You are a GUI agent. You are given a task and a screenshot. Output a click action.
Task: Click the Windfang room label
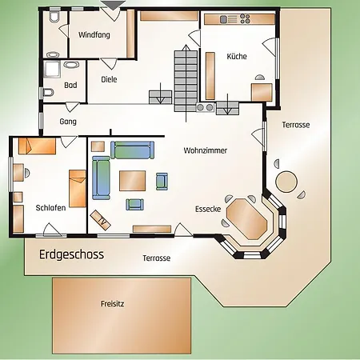coord(94,35)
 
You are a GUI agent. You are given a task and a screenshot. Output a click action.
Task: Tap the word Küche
coord(237,56)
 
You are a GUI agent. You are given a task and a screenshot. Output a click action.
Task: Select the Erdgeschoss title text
coord(71,254)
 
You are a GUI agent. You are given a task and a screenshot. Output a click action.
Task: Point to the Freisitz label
coord(112,303)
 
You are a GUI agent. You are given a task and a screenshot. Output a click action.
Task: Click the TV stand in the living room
coord(100,220)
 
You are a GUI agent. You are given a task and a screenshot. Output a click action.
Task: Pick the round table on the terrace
coord(286,182)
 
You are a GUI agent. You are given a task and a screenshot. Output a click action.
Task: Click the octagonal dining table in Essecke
coord(246,218)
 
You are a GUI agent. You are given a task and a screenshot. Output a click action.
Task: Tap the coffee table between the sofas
coord(132,181)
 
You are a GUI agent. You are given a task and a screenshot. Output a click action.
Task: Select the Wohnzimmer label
coord(206,150)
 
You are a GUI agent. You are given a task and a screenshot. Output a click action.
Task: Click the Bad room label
coord(70,85)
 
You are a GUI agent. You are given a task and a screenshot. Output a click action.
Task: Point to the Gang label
coord(68,122)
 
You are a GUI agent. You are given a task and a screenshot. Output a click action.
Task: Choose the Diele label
coord(109,79)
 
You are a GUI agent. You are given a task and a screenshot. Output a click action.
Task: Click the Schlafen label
coord(50,208)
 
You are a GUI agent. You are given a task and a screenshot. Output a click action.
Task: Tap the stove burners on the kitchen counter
coord(245,19)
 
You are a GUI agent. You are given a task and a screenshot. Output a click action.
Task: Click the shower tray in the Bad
coord(52,70)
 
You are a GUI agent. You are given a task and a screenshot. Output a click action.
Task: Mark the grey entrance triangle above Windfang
coord(114,6)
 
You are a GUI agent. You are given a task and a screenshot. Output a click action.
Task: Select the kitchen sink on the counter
coord(223,19)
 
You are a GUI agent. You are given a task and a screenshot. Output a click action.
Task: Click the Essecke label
coord(208,209)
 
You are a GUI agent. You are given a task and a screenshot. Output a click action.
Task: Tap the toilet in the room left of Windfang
coord(54,17)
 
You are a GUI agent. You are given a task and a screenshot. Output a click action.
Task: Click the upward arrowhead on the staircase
coord(186,48)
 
